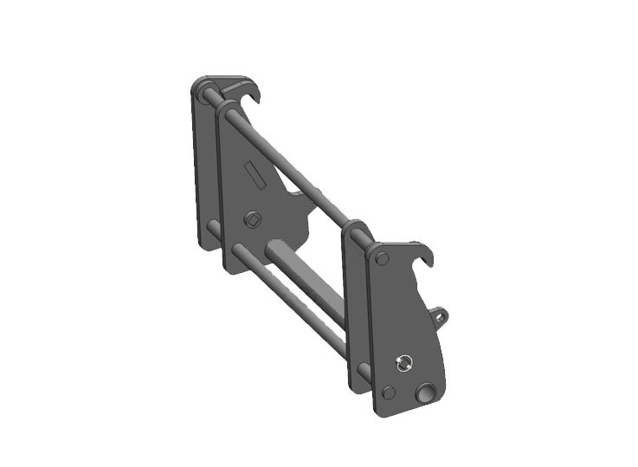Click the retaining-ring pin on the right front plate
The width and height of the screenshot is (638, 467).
(402, 362)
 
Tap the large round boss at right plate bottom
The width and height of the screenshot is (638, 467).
(426, 393)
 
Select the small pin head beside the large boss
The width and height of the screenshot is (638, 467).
(389, 392)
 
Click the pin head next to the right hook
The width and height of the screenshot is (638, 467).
(382, 258)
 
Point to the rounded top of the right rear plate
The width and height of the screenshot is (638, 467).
(356, 229)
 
